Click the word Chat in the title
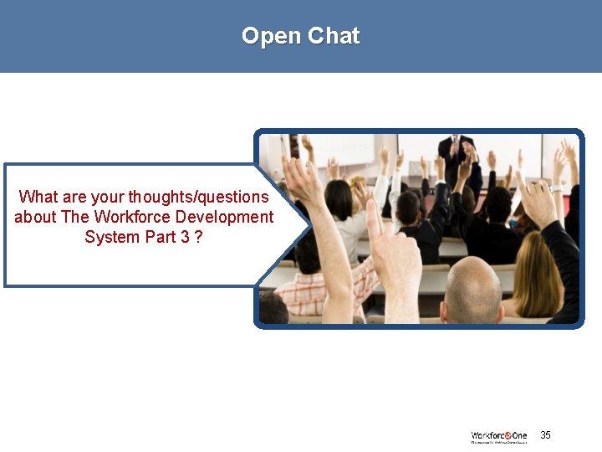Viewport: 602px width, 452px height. (333, 36)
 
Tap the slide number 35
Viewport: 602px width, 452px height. (545, 435)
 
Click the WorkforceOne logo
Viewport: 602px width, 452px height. (499, 437)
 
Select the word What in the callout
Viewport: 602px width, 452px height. (38, 198)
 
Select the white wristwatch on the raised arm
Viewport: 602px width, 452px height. (555, 188)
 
